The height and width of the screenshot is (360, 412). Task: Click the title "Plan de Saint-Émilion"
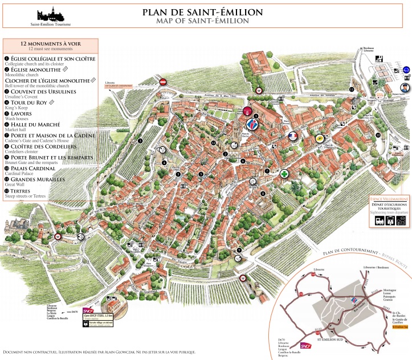pyautogui.click(x=202, y=12)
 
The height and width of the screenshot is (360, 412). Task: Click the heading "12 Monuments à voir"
pyautogui.click(x=50, y=43)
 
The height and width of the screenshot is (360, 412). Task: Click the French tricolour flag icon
pyautogui.click(x=292, y=136)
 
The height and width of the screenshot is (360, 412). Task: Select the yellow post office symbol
pyautogui.click(x=320, y=138)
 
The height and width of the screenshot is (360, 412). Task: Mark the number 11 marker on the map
pyautogui.click(x=352, y=89)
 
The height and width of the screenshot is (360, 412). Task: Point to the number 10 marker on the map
pyautogui.click(x=378, y=135)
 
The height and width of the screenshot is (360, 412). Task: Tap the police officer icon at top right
pyautogui.click(x=405, y=87)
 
